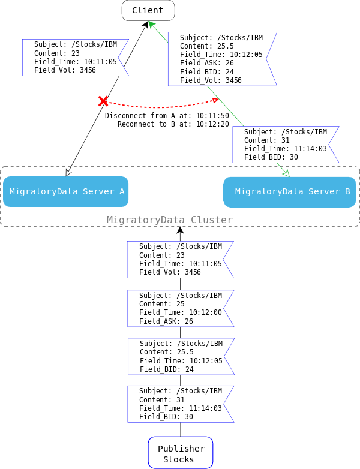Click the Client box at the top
click(x=148, y=10)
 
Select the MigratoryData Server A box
click(x=65, y=191)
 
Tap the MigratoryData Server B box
click(x=290, y=192)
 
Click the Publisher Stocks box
click(x=181, y=453)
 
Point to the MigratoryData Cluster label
click(x=169, y=220)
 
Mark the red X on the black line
click(x=103, y=101)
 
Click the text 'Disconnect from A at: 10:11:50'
click(x=167, y=116)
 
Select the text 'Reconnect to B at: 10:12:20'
click(x=173, y=124)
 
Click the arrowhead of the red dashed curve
click(x=215, y=100)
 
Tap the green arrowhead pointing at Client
click(x=151, y=24)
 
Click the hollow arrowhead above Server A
click(x=68, y=172)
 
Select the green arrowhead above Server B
click(x=286, y=173)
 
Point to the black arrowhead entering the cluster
click(x=180, y=230)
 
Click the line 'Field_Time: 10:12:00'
click(x=180, y=312)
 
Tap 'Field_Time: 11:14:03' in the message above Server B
click(x=285, y=149)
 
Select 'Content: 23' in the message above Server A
click(x=56, y=53)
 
